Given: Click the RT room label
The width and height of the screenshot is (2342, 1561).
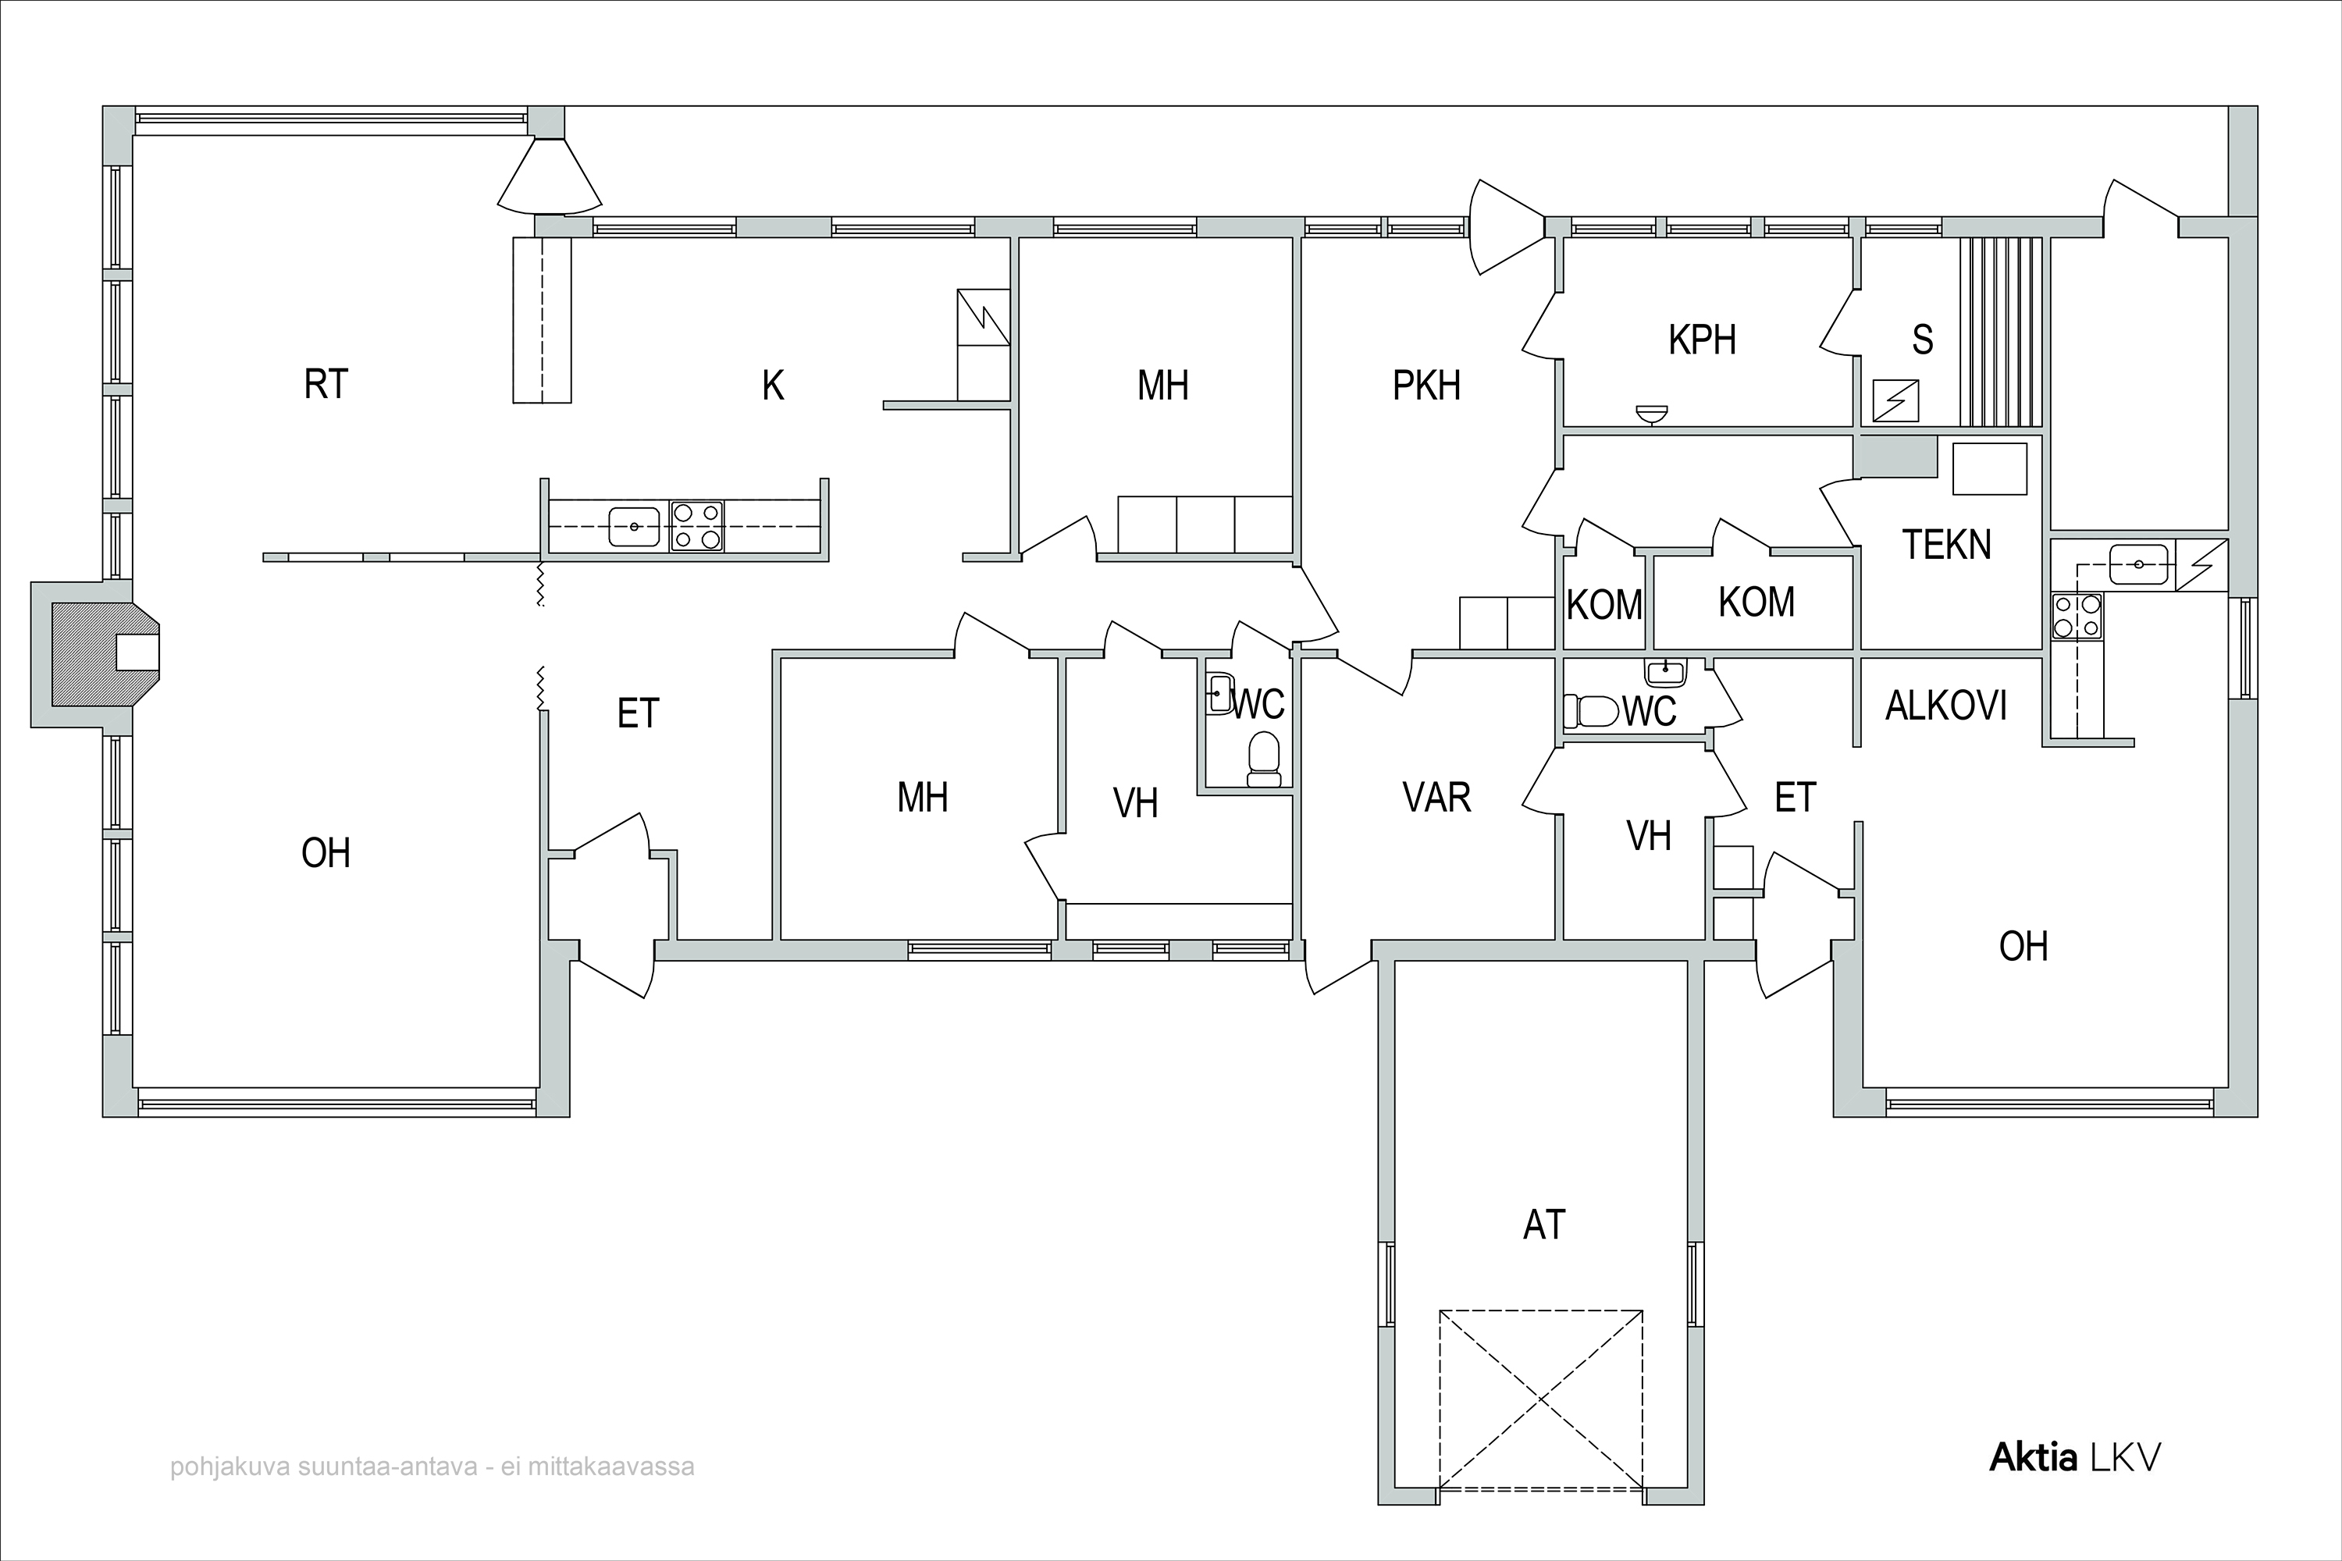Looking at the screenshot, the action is [326, 384].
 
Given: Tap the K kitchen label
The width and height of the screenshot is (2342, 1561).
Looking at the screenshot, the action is [773, 386].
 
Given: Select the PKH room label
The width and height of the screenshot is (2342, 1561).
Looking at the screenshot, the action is [1426, 386].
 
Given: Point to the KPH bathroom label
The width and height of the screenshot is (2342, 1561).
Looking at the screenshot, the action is [1703, 340].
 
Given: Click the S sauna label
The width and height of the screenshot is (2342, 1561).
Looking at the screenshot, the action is [1923, 340].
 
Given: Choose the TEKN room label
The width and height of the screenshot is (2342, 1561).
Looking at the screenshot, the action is [1947, 545].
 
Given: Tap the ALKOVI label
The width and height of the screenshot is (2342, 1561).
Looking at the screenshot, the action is [1945, 706].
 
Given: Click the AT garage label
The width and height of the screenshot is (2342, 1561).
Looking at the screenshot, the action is [1544, 1225].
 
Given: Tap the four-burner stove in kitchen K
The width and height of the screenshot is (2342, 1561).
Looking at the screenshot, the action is [696, 525].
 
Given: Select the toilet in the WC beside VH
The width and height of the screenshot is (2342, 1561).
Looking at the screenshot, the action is [1264, 759].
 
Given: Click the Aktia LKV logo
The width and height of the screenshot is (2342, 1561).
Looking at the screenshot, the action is [2075, 1457].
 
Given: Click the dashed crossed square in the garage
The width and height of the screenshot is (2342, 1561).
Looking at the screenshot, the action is [1540, 1399].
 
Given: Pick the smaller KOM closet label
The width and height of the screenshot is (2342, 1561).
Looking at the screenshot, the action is [1604, 604].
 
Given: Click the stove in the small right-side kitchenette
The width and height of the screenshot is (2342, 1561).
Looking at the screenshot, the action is [2076, 615].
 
